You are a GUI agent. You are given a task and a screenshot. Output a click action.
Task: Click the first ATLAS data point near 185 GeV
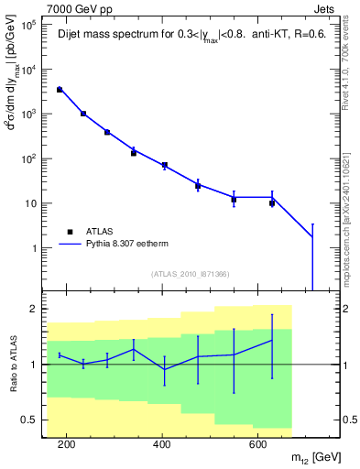[60, 90]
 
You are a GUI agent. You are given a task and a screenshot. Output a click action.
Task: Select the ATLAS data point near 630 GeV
[272, 203]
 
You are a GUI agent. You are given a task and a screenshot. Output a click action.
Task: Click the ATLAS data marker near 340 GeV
[134, 153]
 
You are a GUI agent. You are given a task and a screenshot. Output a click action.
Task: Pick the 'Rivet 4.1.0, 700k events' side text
[350, 74]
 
